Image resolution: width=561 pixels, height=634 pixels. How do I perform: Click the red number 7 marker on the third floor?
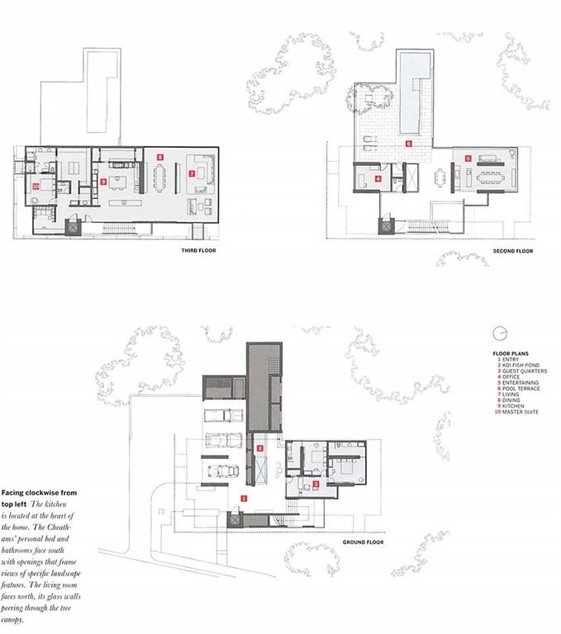tap(191, 173)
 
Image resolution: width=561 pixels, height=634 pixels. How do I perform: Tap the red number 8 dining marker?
tap(161, 154)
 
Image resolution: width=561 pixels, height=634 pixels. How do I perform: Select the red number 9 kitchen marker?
tap(103, 180)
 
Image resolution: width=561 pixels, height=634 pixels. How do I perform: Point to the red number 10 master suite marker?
tap(36, 187)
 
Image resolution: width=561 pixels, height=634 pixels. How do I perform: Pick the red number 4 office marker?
tap(378, 177)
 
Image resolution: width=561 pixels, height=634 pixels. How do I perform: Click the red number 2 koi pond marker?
tap(260, 447)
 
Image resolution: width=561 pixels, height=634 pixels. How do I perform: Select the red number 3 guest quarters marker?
tap(315, 484)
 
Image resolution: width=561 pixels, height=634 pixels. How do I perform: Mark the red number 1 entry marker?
tap(243, 498)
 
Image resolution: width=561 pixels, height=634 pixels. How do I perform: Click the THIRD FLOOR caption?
tap(197, 249)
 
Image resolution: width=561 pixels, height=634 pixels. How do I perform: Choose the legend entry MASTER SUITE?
tap(521, 412)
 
